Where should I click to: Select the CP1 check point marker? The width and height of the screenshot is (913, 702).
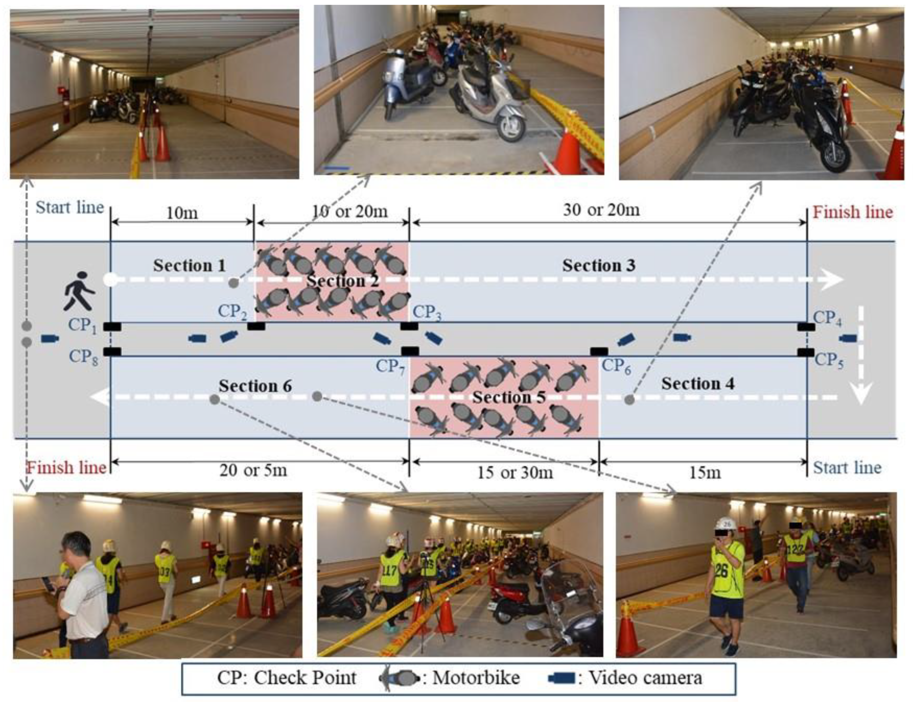pyautogui.click(x=112, y=326)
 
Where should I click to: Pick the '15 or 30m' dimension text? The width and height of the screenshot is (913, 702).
pyautogui.click(x=515, y=473)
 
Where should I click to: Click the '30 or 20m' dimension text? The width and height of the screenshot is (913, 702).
pyautogui.click(x=601, y=210)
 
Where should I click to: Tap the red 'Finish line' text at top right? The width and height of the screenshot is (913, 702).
pyautogui.click(x=852, y=212)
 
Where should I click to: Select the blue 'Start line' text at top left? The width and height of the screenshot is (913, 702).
pyautogui.click(x=69, y=207)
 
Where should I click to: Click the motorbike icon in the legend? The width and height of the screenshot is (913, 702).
pyautogui.click(x=399, y=678)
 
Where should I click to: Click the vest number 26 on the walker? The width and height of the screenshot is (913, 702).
pyautogui.click(x=721, y=571)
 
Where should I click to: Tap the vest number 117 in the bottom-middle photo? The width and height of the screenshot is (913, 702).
pyautogui.click(x=389, y=570)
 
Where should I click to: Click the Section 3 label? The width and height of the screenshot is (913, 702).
pyautogui.click(x=598, y=265)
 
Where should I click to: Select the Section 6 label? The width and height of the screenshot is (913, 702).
pyautogui.click(x=255, y=386)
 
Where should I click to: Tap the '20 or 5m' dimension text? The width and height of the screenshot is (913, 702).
pyautogui.click(x=253, y=470)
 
